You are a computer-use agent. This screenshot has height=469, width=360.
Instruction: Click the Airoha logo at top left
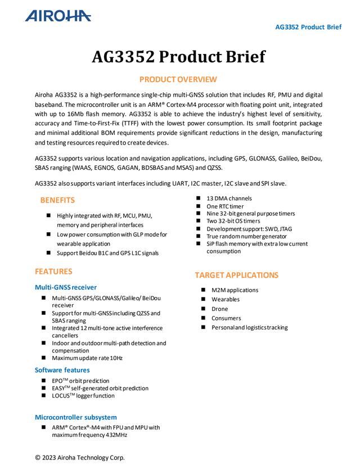pos(58,16)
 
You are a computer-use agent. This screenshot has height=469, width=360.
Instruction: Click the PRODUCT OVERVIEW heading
pos(178,79)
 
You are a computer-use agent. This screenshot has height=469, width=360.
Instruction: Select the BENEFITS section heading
pos(57,200)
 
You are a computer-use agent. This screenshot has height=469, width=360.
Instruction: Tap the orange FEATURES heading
pos(53,272)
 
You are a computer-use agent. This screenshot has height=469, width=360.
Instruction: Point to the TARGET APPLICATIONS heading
pos(236,275)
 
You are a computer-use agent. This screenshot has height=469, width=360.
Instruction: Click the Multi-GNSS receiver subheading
pos(65,287)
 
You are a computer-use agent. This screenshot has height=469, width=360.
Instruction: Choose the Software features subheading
pos(62,370)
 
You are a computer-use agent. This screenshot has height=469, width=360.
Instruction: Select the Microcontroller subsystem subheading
pos(76,417)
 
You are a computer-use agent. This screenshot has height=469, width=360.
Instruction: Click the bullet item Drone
pos(220,309)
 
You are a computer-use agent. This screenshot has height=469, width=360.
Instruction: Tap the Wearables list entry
pos(226,300)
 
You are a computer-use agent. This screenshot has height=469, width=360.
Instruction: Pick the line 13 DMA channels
pos(229,199)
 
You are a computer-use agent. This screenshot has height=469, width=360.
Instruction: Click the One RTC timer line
pos(225,206)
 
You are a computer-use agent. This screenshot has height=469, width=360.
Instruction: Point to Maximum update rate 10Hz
pos(87,358)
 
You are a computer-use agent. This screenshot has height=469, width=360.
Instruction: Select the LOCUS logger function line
pos(83,396)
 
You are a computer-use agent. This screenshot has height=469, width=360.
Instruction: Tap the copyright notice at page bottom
pos(80,458)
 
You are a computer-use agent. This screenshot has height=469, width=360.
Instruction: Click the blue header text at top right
pos(308,27)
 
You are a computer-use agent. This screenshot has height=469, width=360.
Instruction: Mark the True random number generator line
pos(246,236)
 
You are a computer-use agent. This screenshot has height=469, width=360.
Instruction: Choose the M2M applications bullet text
pos(235,290)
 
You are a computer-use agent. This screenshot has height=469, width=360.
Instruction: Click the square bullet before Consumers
pos(203,318)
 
